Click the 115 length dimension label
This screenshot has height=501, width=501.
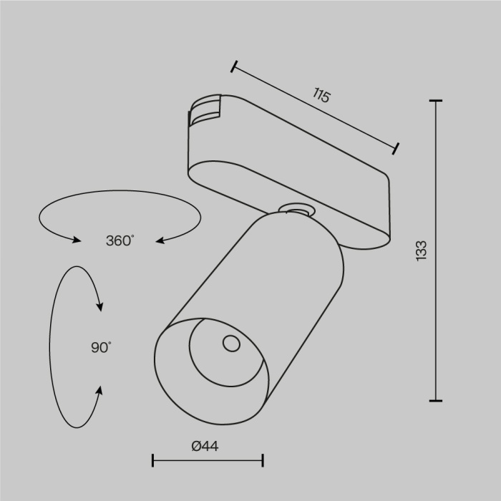[321, 95]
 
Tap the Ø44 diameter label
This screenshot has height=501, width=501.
[205, 446]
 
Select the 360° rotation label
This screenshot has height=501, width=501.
[120, 241]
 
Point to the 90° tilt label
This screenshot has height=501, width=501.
[101, 348]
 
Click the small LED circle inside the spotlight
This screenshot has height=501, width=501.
[231, 344]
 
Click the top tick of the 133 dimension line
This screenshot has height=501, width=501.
[435, 102]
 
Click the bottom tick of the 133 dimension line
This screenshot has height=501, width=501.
[435, 400]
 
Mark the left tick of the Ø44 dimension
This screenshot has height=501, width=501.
[153, 460]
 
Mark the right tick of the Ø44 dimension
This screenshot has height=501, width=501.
[263, 460]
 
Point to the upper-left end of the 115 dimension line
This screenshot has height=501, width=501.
[234, 67]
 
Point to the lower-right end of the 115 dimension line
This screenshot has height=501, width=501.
[396, 148]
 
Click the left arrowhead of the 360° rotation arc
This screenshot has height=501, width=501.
[77, 240]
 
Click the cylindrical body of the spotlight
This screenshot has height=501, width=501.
[286, 286]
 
